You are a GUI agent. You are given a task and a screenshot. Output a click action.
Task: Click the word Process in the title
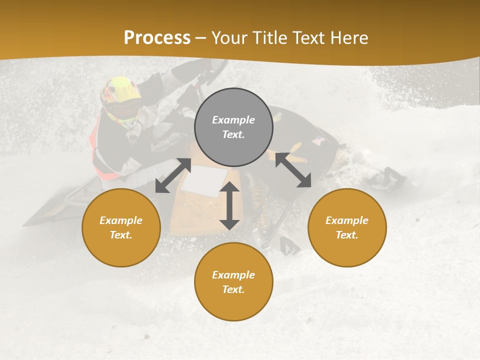click(157, 38)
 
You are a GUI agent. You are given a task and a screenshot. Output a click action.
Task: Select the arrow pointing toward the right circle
click(293, 170)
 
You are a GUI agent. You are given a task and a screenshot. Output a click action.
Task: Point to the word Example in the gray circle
click(233, 120)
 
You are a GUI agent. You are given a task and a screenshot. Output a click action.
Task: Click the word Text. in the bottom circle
click(233, 289)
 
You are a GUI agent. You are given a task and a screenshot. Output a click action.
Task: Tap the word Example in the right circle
click(347, 220)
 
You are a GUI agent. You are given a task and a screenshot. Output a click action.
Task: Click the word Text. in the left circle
click(121, 235)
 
